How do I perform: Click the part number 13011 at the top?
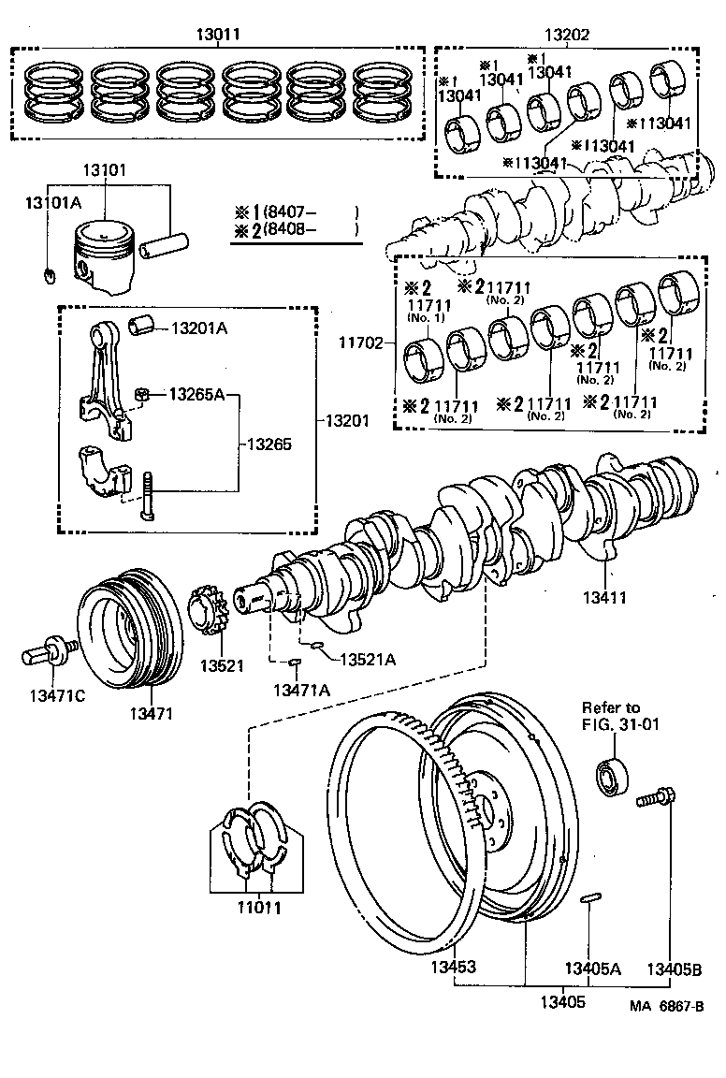pyautogui.click(x=218, y=35)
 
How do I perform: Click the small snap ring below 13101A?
pyautogui.click(x=51, y=274)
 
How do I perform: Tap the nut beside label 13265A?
pyautogui.click(x=142, y=393)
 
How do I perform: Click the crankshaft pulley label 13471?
pyautogui.click(x=152, y=714)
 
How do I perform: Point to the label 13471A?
pyautogui.click(x=301, y=690)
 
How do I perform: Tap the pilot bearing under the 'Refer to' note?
pyautogui.click(x=613, y=778)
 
